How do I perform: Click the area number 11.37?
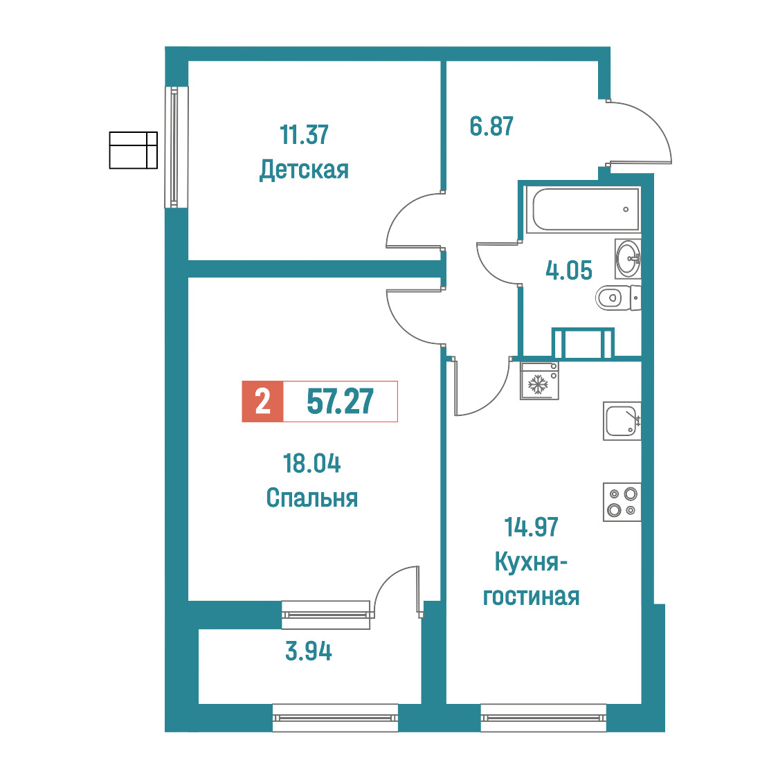tap(304, 134)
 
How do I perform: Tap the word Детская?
tap(304, 170)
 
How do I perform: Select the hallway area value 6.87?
tap(491, 126)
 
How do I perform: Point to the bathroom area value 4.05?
tap(568, 271)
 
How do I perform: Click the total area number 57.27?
tap(341, 401)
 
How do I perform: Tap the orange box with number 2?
tap(262, 401)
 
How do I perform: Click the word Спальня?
tap(311, 498)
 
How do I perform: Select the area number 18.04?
tap(311, 464)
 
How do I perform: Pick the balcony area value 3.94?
tap(309, 651)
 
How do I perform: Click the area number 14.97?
tap(532, 527)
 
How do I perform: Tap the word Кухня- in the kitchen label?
tap(532, 562)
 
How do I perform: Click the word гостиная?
tap(532, 597)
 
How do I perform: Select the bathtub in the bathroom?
tap(585, 210)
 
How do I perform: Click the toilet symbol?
tap(618, 298)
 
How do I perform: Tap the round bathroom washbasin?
tap(628, 258)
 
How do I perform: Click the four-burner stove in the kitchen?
tap(622, 502)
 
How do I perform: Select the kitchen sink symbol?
tap(622, 421)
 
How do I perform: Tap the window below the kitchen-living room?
tap(543, 718)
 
